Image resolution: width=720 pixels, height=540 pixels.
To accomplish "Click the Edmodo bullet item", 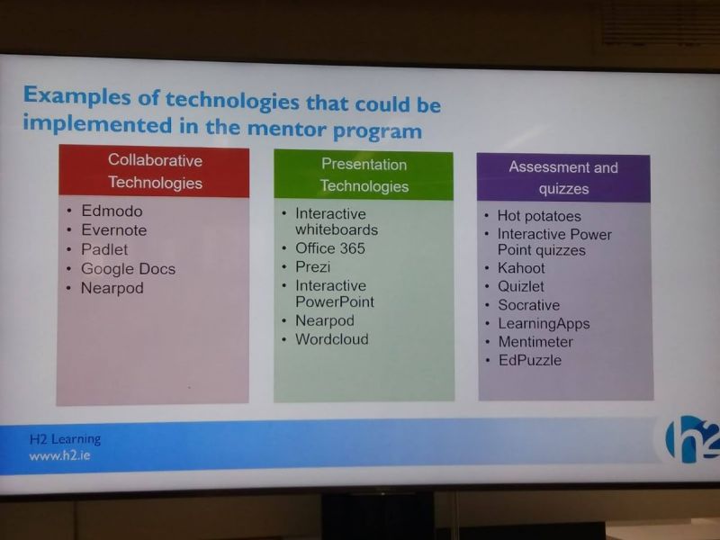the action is pyautogui.click(x=112, y=211).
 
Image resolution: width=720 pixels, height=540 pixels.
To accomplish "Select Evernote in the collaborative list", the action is pyautogui.click(x=114, y=230).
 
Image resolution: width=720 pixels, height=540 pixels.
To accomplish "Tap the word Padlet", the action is pyautogui.click(x=104, y=249).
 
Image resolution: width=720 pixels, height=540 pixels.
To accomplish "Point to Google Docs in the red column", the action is pyautogui.click(x=128, y=268).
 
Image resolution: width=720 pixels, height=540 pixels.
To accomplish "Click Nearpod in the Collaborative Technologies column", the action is pyautogui.click(x=112, y=288).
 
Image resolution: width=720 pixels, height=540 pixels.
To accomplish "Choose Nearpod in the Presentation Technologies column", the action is pyautogui.click(x=325, y=320).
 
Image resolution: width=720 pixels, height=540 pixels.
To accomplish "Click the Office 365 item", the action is pyautogui.click(x=330, y=248).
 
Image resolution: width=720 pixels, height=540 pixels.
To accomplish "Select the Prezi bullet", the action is pyautogui.click(x=312, y=266).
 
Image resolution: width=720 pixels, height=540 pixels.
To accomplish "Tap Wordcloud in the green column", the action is pyautogui.click(x=331, y=339).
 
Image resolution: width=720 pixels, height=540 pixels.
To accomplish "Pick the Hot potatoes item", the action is pyautogui.click(x=539, y=216).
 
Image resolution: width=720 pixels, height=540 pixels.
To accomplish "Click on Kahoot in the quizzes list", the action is pyautogui.click(x=521, y=268).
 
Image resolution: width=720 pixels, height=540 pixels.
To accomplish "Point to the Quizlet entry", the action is pyautogui.click(x=521, y=286).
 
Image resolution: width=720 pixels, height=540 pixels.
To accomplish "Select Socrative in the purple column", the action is pyautogui.click(x=529, y=305).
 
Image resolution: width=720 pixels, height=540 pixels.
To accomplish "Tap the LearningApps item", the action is pyautogui.click(x=544, y=324).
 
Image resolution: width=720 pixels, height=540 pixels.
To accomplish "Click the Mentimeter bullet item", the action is pyautogui.click(x=535, y=342).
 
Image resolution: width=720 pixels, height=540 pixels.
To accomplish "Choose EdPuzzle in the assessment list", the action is pyautogui.click(x=530, y=360).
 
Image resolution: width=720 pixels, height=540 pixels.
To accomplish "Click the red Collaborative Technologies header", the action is pyautogui.click(x=154, y=171).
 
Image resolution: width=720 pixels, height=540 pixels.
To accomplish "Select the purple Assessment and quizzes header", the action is pyautogui.click(x=563, y=177).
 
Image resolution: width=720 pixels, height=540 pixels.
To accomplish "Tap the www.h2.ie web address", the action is pyautogui.click(x=59, y=456).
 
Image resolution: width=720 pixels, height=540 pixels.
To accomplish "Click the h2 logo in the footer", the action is pyautogui.click(x=692, y=439).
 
